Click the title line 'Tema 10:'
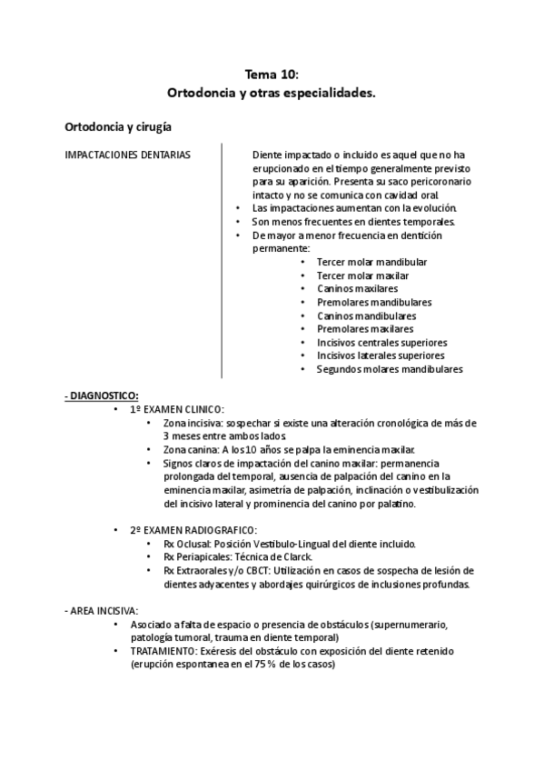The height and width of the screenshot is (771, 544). tap(272, 75)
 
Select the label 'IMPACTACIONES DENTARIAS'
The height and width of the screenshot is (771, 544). tap(127, 155)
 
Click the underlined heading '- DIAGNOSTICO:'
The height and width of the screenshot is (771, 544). tap(102, 396)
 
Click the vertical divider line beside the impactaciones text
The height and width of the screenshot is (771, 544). tap(222, 259)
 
